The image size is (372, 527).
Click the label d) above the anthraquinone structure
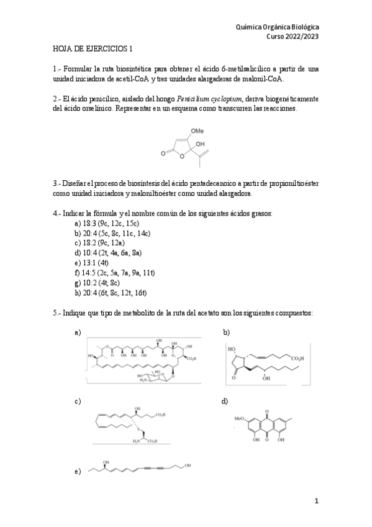pyautogui.click(x=225, y=401)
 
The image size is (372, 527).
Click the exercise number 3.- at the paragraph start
pyautogui.click(x=57, y=183)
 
